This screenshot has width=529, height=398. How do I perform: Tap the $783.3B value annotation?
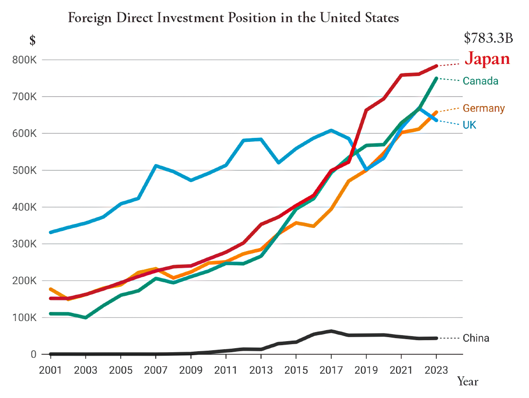488,38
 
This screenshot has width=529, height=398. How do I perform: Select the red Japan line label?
488,59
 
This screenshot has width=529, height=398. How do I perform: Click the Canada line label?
481,81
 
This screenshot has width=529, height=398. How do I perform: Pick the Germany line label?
484,108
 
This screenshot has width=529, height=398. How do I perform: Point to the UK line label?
469,125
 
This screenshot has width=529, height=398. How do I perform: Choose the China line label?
476,338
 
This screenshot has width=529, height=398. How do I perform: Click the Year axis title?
467,381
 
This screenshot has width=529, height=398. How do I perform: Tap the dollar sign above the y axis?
32,40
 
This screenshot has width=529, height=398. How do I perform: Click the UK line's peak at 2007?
156,166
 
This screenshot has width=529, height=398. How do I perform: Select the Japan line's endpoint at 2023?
436,66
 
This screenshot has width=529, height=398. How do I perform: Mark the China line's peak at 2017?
331,331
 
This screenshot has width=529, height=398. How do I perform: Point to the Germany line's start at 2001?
51,289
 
